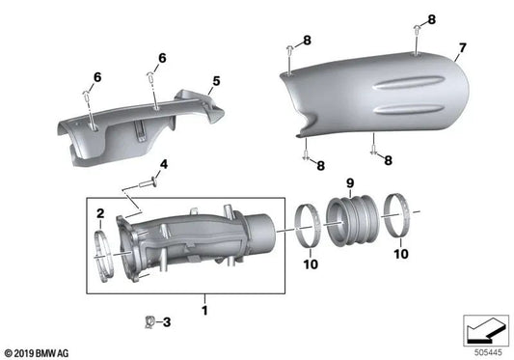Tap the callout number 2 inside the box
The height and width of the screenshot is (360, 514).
click(99, 211)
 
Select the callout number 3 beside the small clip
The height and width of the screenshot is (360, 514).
click(165, 322)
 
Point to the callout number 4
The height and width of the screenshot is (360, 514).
click(163, 165)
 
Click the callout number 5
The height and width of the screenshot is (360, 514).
click(216, 81)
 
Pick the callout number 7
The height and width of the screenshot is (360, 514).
click(462, 47)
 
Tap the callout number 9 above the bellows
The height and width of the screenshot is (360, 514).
click(350, 181)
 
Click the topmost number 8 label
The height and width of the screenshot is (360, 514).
click(430, 19)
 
